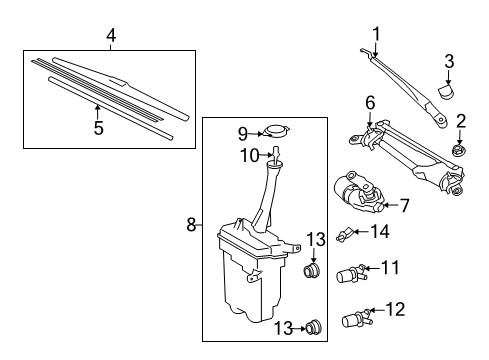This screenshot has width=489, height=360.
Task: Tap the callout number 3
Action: tap(449, 62)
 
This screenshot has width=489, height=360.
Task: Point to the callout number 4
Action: tap(111, 35)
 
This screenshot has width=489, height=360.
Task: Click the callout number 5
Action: tap(98, 127)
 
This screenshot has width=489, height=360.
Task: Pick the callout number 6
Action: tap(369, 102)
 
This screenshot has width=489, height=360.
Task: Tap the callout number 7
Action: tap(404, 206)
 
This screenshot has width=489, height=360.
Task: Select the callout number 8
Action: tap(190, 226)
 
